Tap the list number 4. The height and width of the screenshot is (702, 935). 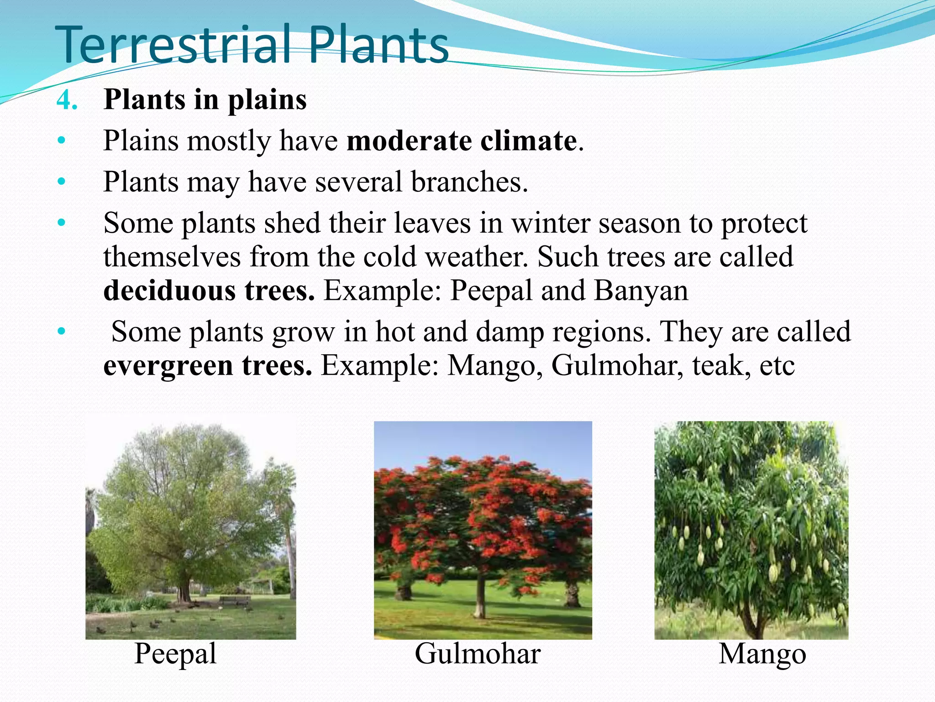pos(67,100)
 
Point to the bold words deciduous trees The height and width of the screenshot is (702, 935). pos(209,291)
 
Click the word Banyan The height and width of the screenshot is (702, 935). pos(641,291)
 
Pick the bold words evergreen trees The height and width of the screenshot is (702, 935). pos(208,366)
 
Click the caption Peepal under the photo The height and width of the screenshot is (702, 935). pos(175,654)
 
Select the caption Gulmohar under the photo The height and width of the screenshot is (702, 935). pos(478,654)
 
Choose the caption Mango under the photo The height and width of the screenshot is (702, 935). pos(762,654)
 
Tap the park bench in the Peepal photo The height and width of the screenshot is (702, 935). pos(234,601)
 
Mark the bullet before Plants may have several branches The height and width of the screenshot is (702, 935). pos(62,182)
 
